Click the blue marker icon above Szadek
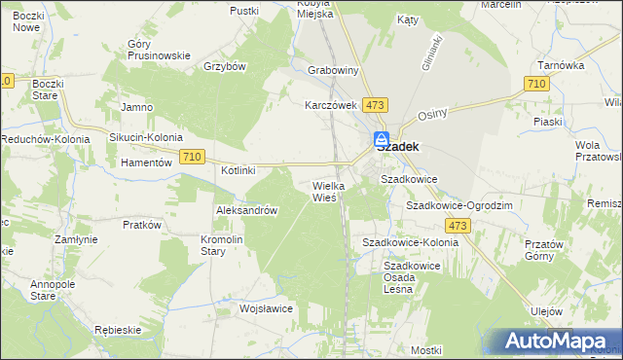coord(383,138)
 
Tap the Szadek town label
coord(397,148)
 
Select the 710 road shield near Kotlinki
coord(192,156)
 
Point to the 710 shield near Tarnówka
coord(534,86)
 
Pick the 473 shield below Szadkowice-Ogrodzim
coord(459,226)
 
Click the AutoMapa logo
coord(559,342)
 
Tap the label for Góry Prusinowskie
coord(158,50)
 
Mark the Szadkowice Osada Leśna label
coord(415,270)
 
